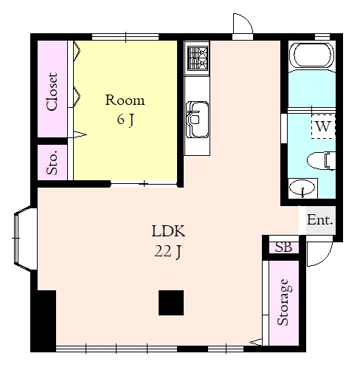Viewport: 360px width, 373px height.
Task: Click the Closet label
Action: coord(52,92)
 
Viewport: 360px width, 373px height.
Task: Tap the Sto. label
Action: coord(52,162)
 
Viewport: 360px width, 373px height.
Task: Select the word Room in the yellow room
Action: coord(125,100)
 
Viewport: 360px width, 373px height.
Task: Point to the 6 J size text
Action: coord(125,120)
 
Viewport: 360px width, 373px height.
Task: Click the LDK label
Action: coord(168,231)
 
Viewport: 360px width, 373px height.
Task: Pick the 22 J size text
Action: coord(168,252)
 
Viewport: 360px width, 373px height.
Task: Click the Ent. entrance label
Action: coord(320,219)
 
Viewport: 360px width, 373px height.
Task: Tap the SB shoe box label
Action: coord(283,247)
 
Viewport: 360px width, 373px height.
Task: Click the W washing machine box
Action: coord(323,126)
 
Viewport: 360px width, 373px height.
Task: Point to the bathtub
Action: coord(312,55)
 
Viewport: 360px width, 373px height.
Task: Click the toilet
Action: coord(322,161)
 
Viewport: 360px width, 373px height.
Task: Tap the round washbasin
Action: coord(302,188)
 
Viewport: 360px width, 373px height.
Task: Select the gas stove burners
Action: coord(198,58)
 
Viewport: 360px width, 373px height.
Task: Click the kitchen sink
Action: coord(197,120)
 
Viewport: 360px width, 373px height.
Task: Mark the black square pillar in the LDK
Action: coord(171,303)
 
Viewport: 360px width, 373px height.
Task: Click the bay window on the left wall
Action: coord(25,239)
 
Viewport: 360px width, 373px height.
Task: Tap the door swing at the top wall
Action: coord(243,24)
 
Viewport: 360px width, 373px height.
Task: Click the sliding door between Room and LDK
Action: coord(144,184)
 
